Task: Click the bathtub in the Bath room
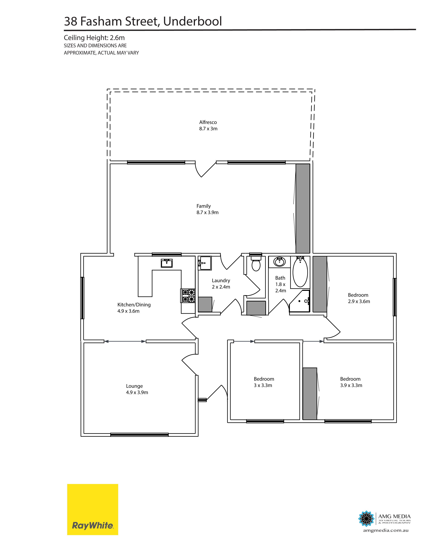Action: tap(300, 272)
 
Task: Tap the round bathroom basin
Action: tap(279, 262)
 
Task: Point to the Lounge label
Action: tap(134, 386)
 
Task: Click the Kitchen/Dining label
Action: tap(134, 305)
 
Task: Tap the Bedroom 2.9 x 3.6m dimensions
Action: tap(359, 301)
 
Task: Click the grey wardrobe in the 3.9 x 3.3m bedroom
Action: tap(310, 394)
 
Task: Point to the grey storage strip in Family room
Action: tap(303, 208)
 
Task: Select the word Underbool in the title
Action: tap(192, 21)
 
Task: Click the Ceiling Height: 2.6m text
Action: tap(94, 38)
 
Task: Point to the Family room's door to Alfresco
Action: tap(206, 169)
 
